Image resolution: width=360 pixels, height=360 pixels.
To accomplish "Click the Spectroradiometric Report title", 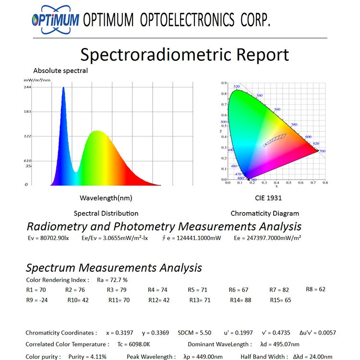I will [185, 55].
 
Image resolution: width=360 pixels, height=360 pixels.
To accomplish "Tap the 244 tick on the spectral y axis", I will [28, 87].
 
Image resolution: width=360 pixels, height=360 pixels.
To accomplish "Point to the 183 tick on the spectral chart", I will [28, 112].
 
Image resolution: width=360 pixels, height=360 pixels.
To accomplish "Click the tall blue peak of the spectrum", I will [63, 91].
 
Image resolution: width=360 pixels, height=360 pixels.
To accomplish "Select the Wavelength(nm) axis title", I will [106, 198].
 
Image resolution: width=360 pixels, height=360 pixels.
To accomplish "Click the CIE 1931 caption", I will [268, 198].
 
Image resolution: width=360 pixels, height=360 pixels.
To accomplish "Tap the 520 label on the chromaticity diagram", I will [237, 87].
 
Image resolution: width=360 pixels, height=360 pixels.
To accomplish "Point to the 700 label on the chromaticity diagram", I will [322, 151].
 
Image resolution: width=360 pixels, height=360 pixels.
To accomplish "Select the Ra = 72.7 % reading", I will [112, 280].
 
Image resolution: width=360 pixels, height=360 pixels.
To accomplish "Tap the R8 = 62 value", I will [315, 289].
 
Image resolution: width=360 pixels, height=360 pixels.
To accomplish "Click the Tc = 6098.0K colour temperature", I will [134, 344].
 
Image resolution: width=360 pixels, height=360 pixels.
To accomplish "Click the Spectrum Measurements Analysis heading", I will [114, 268].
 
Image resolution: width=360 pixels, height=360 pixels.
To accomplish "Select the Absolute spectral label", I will [60, 71].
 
